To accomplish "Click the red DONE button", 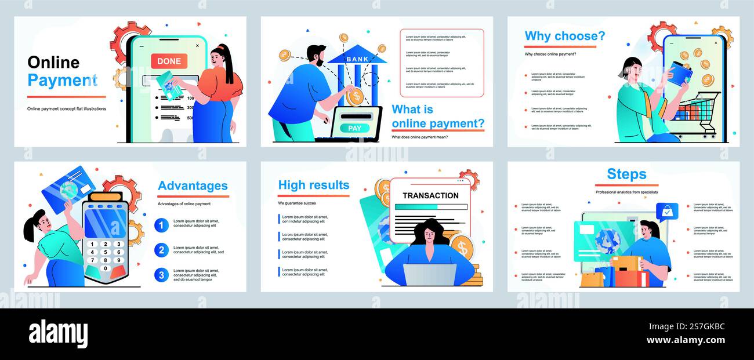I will (x=169, y=61).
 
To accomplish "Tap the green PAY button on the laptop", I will (x=354, y=128).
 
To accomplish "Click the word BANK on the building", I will (x=357, y=59).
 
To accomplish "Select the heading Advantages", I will (x=193, y=186).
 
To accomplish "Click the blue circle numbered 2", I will (x=162, y=250).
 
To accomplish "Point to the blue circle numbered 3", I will (x=162, y=275).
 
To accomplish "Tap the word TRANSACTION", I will (x=430, y=196).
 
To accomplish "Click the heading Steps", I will (x=626, y=174).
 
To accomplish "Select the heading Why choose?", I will (x=564, y=36).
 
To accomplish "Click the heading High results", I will (x=314, y=185).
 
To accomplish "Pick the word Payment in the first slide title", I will (x=62, y=81).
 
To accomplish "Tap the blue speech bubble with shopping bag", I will (x=667, y=211).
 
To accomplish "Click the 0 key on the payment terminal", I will (x=105, y=268).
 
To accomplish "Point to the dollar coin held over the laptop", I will (x=354, y=96).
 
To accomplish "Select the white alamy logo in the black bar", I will (x=58, y=334).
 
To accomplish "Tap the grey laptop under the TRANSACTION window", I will (x=429, y=275).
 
